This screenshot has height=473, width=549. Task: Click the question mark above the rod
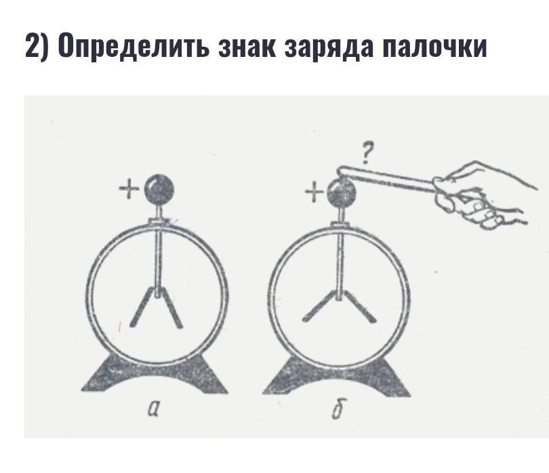pyautogui.click(x=366, y=154)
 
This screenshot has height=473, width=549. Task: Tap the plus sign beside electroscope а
pyautogui.click(x=129, y=190)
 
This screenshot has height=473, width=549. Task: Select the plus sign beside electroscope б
pyautogui.click(x=314, y=193)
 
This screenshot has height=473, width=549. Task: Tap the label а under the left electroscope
pyautogui.click(x=153, y=409)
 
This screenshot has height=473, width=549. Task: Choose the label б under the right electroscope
pyautogui.click(x=337, y=409)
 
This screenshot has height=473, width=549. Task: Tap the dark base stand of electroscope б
pyautogui.click(x=337, y=376)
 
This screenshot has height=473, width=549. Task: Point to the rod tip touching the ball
pyautogui.click(x=342, y=171)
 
